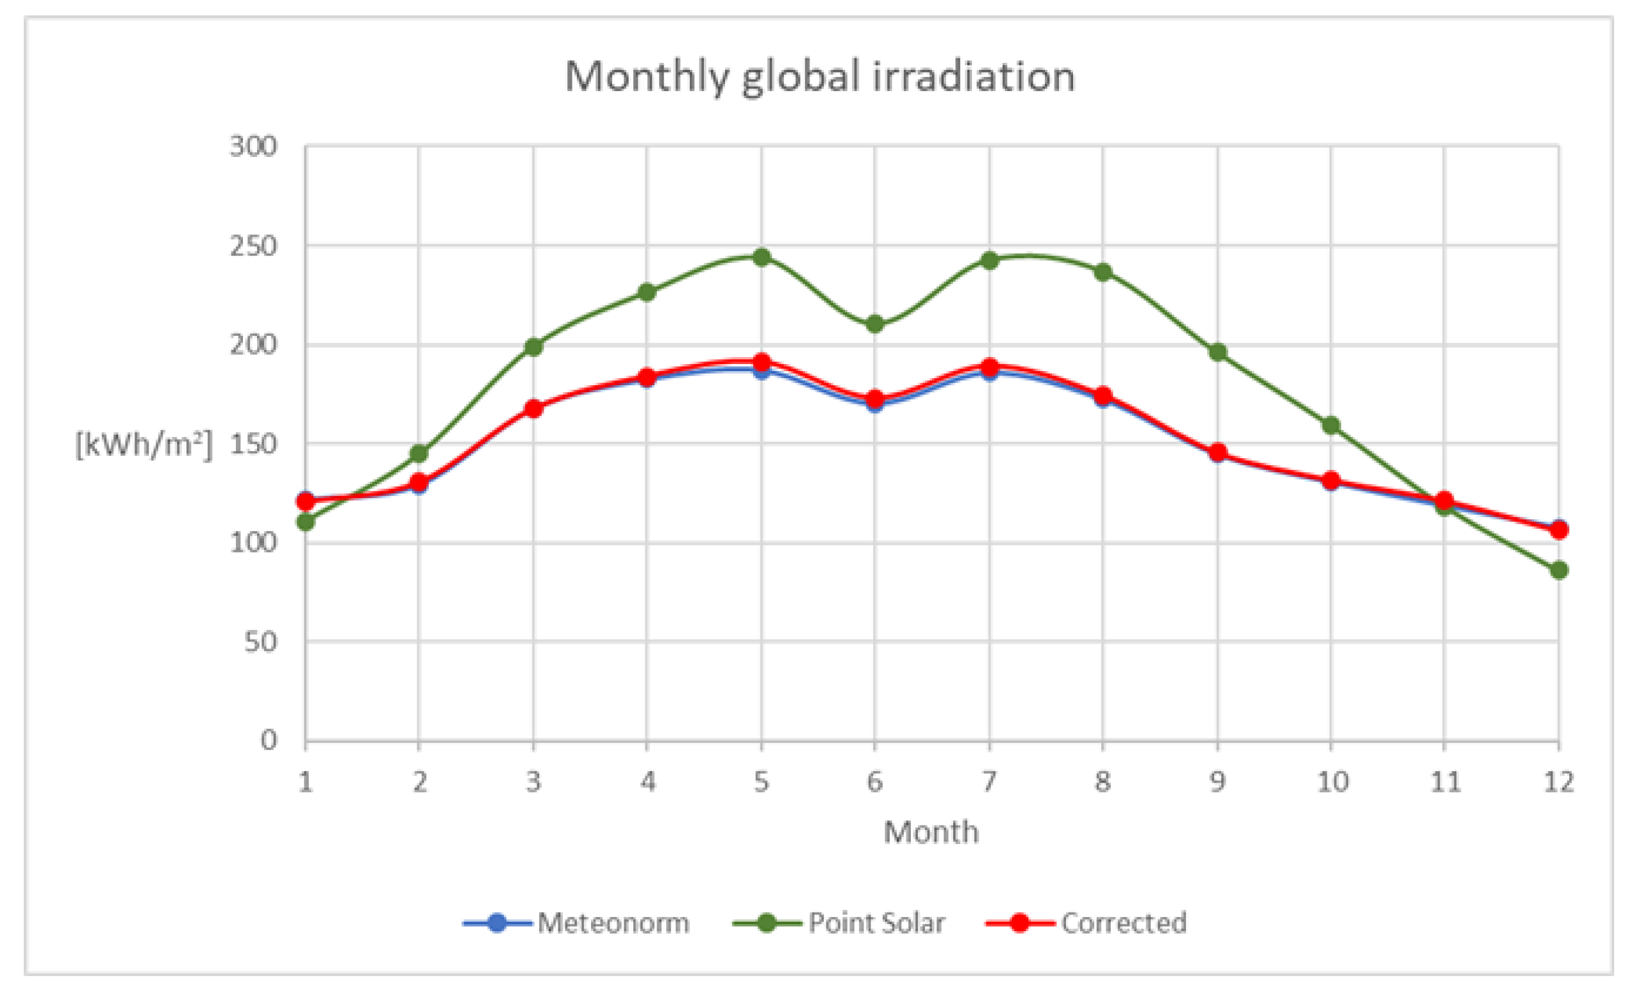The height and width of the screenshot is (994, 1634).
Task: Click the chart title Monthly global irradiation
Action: (x=820, y=77)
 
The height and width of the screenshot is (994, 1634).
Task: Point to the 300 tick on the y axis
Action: (x=253, y=147)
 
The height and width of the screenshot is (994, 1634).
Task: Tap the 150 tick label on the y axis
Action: (x=253, y=444)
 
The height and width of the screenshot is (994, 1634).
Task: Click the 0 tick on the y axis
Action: (x=269, y=740)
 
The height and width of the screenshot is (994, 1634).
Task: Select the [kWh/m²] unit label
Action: (x=143, y=444)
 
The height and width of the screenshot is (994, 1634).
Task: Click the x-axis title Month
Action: (x=931, y=832)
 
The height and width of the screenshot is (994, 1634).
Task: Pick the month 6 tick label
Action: (x=875, y=783)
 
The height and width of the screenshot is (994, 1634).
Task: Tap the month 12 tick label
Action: (x=1558, y=783)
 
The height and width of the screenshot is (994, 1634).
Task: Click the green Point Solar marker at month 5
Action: (x=762, y=257)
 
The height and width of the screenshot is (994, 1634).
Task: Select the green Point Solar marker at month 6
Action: (x=875, y=324)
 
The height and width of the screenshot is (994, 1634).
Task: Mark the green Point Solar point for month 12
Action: (x=1559, y=570)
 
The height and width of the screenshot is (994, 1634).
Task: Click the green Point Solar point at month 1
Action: (x=306, y=522)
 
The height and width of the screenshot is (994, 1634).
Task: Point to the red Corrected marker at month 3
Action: (x=534, y=408)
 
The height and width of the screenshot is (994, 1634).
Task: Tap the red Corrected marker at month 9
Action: (x=1217, y=454)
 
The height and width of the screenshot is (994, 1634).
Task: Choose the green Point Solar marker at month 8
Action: (x=1103, y=272)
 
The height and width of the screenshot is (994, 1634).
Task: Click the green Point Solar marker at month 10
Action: (x=1331, y=425)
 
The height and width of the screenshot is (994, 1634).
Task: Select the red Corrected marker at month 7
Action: (x=989, y=367)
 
